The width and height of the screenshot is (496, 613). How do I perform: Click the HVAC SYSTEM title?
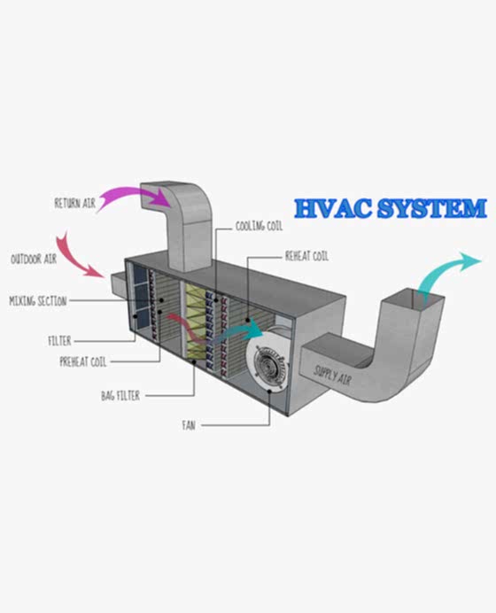tap(391, 208)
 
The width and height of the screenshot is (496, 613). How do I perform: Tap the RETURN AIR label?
tap(75, 203)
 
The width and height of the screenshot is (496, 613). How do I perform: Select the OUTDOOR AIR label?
tap(34, 259)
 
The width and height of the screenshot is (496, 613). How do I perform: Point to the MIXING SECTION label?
tap(38, 300)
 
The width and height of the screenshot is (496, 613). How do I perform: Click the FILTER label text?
tap(60, 341)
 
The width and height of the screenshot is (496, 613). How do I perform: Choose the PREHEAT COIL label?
tap(83, 361)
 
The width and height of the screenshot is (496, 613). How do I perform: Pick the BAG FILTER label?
tap(120, 396)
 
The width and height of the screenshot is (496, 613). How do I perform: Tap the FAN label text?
tap(189, 425)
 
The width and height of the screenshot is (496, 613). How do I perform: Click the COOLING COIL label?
tap(259, 226)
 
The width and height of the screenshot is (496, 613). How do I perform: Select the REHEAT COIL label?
tap(306, 256)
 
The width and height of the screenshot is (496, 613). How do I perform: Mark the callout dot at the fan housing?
tap(269, 391)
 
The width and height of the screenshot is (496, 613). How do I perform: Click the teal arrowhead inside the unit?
tap(256, 328)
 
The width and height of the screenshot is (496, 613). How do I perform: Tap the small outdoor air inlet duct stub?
tap(118, 283)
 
